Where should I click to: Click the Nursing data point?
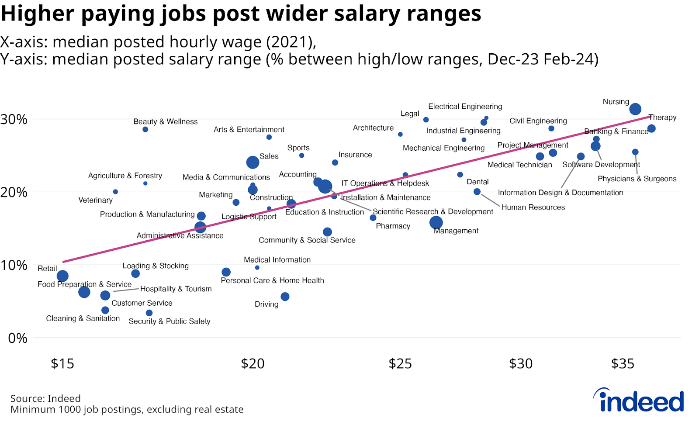point(635,109)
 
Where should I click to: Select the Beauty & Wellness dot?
point(145,129)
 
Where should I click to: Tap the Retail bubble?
point(62,276)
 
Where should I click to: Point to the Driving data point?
point(285,297)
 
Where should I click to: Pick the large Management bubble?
point(436,222)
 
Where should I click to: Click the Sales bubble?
point(253,162)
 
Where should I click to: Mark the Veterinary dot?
point(115,192)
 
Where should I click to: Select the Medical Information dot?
point(257,267)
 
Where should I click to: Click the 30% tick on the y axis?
point(14,119)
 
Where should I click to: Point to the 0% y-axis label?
point(17,338)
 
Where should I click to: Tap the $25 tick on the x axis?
point(400,363)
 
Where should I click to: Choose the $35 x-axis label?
point(623,363)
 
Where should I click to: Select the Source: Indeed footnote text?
point(45,398)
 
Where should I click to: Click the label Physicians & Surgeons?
point(637,179)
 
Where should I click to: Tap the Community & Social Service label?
point(307,240)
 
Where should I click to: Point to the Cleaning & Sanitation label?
point(83,318)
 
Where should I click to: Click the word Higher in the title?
point(38,13)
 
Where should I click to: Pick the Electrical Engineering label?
point(465,107)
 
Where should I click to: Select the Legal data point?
point(426,120)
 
